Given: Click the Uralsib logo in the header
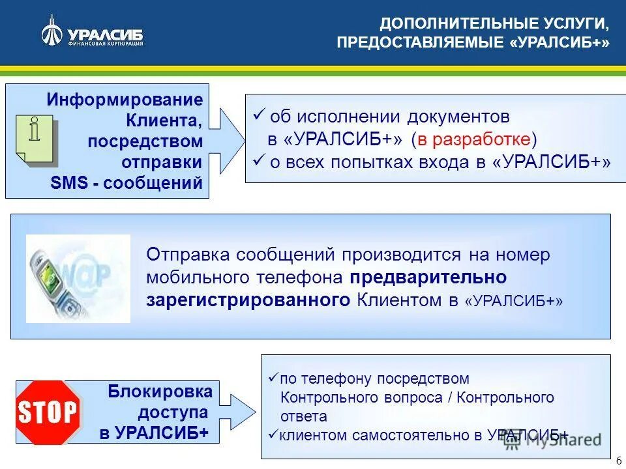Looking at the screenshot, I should [x=92, y=32].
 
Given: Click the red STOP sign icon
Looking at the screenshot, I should [x=48, y=413].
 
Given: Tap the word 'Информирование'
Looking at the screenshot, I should [x=125, y=100].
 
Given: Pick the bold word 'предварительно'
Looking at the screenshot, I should [x=428, y=277].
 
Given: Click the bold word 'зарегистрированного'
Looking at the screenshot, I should [x=250, y=300].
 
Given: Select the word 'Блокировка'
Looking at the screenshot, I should [x=160, y=391].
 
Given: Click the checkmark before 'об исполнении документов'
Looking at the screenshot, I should [x=258, y=116].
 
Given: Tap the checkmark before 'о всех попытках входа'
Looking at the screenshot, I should [x=258, y=160].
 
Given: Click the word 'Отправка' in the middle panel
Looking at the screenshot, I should [x=188, y=255].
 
